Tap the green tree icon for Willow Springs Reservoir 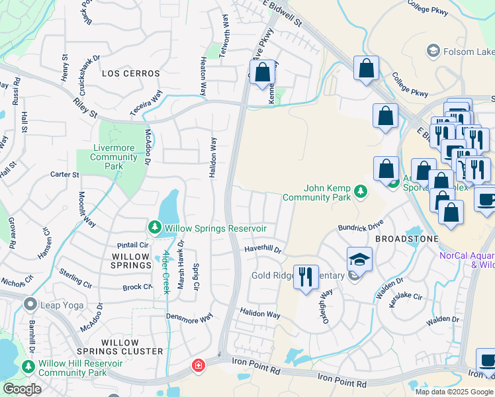155,228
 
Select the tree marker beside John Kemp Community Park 360,192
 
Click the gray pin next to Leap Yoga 30,304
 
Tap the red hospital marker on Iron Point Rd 197,365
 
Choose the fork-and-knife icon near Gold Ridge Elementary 304,277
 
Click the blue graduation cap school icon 359,259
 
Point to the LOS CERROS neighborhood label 128,73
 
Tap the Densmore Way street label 189,318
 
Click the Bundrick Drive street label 360,226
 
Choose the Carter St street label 64,175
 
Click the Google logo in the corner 22,388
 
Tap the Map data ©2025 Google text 454,392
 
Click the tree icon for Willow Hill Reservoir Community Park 28,366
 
